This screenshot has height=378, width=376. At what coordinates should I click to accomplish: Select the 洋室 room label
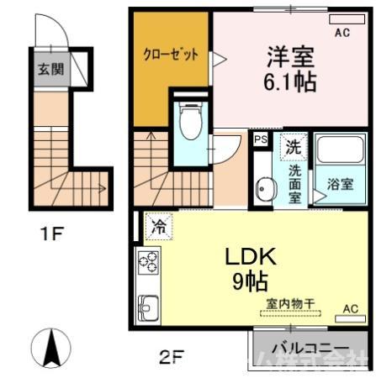pos(290,58)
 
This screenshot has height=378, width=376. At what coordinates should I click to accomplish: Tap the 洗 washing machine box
pos(291,146)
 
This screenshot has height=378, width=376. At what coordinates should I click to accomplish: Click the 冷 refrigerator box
pos(158,225)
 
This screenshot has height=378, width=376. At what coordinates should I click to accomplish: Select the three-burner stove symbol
pos(148,263)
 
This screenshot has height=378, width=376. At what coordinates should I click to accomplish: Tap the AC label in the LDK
pos(352,308)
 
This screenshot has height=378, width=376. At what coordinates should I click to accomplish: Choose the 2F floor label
pos(171,357)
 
